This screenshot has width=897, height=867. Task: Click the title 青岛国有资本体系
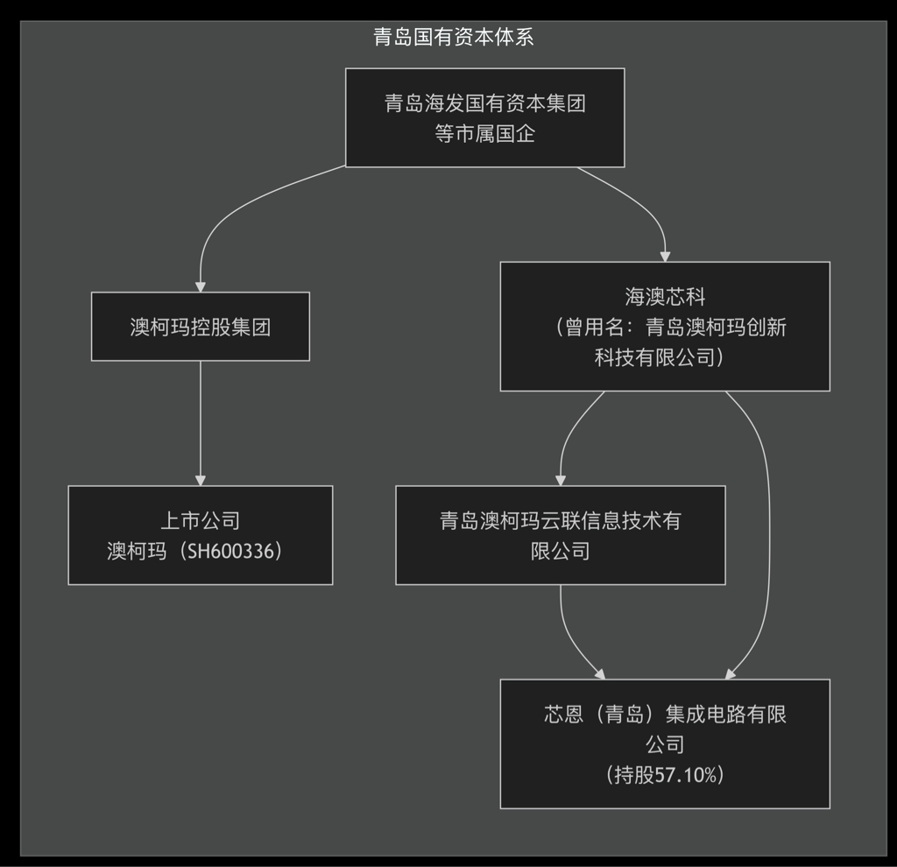tap(453, 37)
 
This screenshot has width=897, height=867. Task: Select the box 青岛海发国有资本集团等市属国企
tap(484, 117)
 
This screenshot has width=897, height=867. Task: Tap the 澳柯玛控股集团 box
tap(200, 327)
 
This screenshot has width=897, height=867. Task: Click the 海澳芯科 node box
tap(665, 327)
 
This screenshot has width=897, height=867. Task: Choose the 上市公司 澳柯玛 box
tap(200, 535)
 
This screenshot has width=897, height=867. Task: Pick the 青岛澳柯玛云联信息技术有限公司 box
tap(560, 535)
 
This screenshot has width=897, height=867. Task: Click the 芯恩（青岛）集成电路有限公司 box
tap(665, 744)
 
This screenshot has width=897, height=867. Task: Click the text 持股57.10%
tap(665, 774)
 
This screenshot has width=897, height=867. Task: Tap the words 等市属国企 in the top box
tap(484, 134)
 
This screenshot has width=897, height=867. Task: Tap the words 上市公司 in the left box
tap(200, 520)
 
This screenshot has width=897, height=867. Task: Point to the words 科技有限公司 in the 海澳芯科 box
tap(659, 357)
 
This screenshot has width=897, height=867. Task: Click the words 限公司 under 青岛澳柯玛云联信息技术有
tap(560, 551)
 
